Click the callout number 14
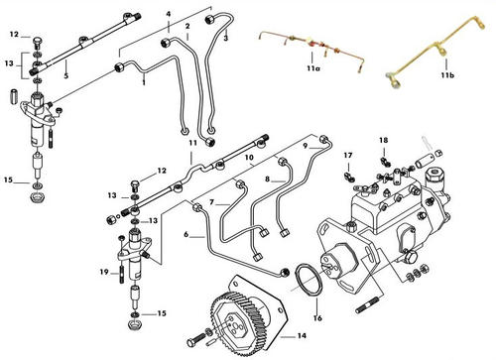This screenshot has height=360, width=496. [x=302, y=336]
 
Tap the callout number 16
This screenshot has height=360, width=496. [x=317, y=318]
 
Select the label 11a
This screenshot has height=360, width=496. [x=313, y=68]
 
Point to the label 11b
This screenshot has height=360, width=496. [x=447, y=75]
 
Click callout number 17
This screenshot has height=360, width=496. [x=348, y=155]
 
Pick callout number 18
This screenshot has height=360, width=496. [x=384, y=140]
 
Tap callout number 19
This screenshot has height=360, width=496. [x=104, y=272]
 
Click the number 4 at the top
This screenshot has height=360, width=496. [x=169, y=14]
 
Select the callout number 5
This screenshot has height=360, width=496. [x=66, y=76]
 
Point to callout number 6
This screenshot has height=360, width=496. [x=186, y=235]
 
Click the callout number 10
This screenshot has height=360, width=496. [x=249, y=157]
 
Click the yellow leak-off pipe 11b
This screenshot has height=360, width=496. [x=434, y=54]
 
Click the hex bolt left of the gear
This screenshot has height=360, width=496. [x=197, y=340]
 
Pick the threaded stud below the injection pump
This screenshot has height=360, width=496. [x=368, y=305]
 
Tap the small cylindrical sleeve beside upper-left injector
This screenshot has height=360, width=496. [x=14, y=96]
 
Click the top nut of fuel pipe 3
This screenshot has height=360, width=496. [x=208, y=19]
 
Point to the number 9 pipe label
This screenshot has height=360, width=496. [x=306, y=146]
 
